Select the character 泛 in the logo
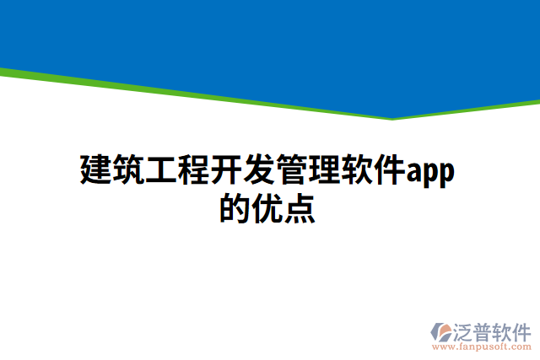465,330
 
